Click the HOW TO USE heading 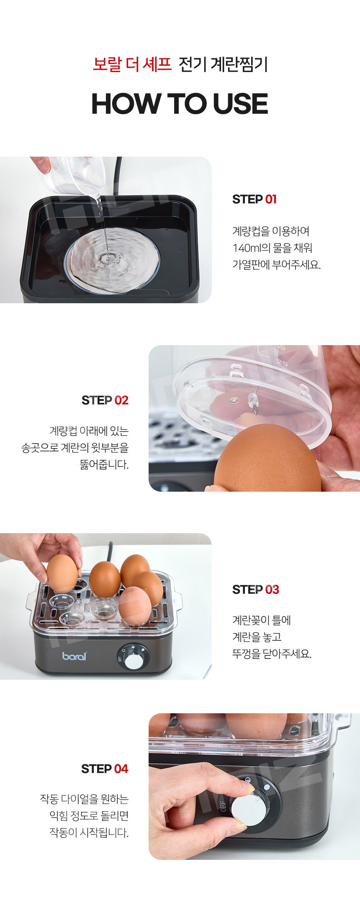point(180,104)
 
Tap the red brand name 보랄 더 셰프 point(132,64)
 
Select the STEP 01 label point(255,199)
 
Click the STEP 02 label point(105,400)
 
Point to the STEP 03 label point(256,590)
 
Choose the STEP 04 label point(105,769)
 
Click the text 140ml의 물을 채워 point(273,248)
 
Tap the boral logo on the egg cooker point(75,656)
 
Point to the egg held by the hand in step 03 point(62,573)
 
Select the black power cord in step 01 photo point(119,176)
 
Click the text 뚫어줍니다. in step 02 point(104,465)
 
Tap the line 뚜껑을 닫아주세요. point(272,654)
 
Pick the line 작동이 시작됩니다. point(89,833)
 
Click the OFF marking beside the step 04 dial point(222,806)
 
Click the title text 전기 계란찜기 point(223,64)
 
